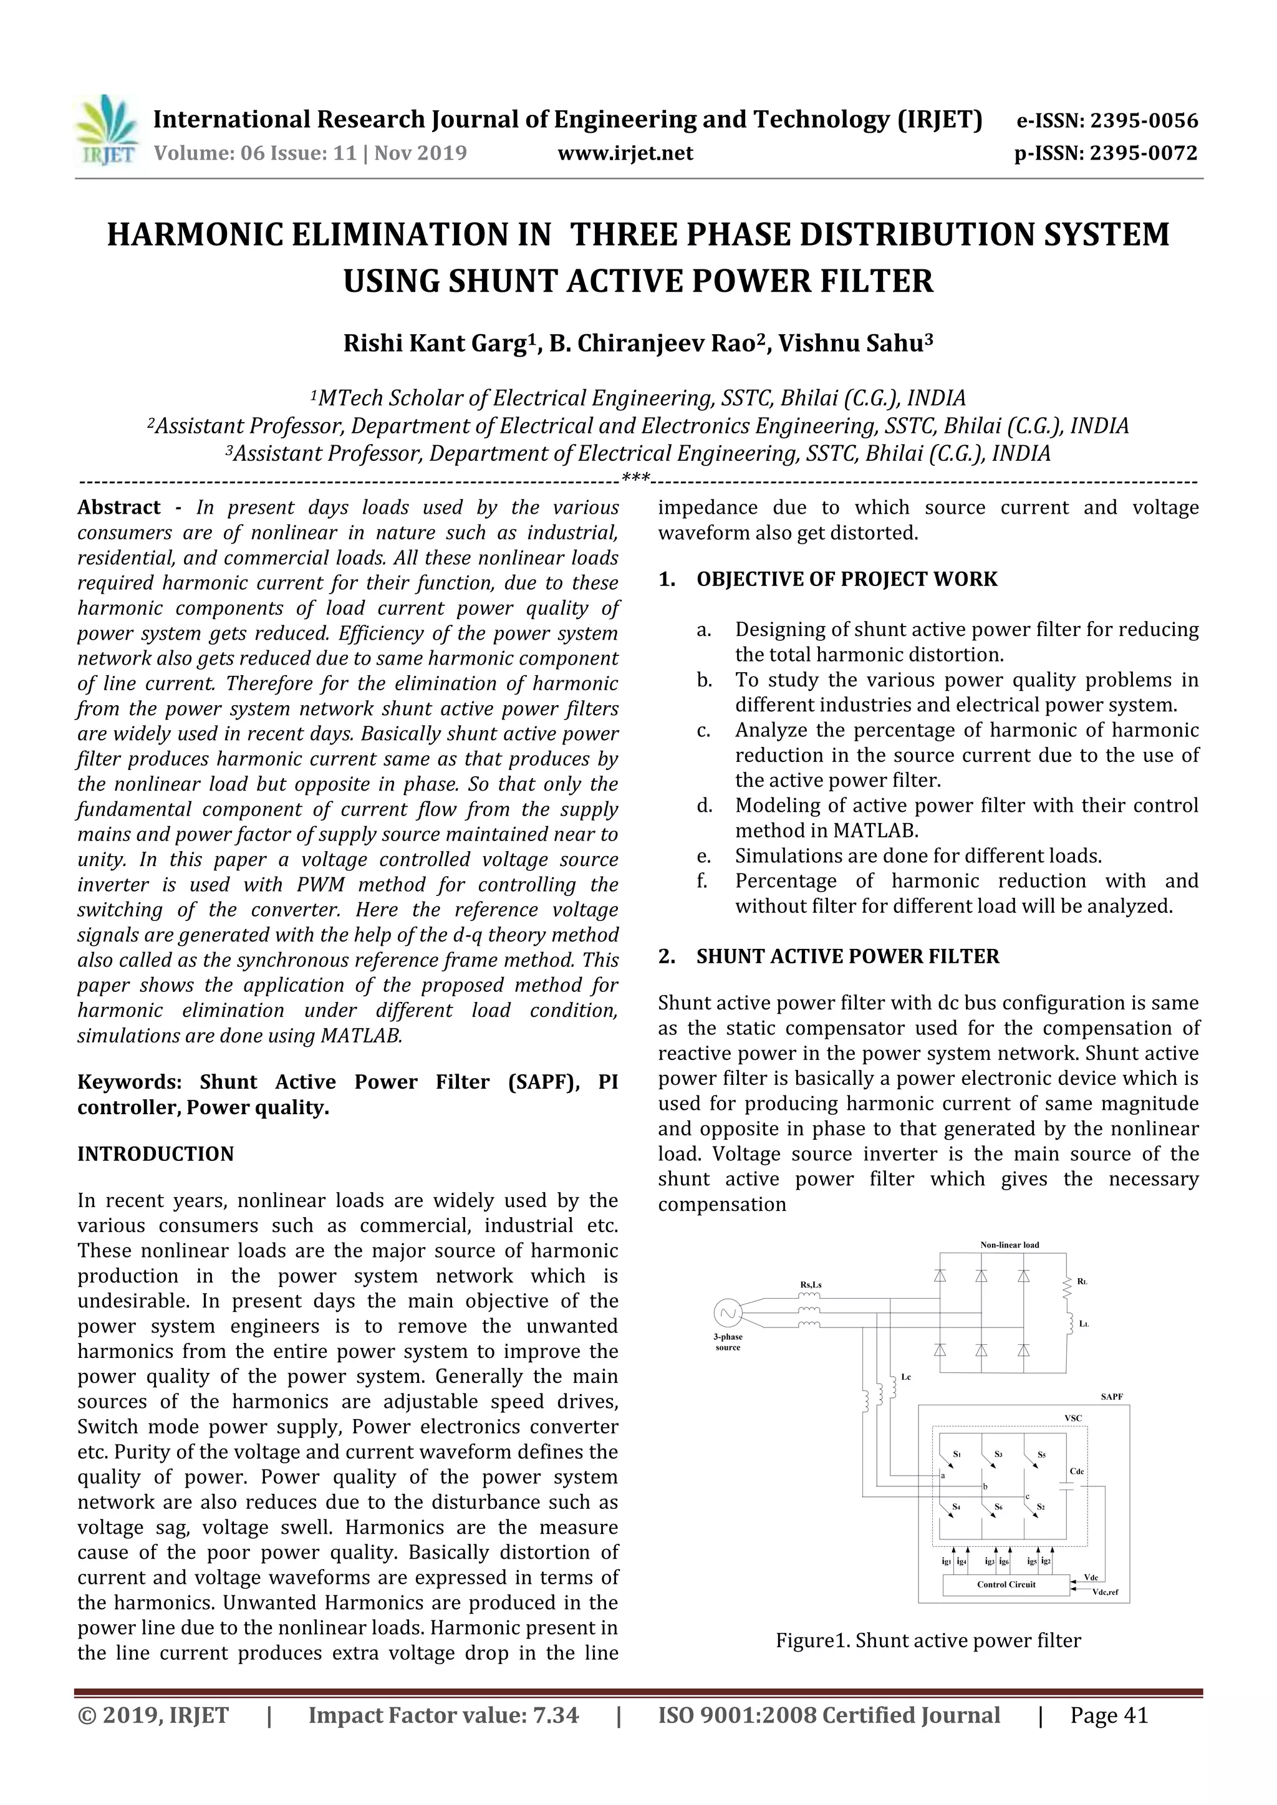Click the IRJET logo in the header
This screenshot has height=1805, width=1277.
pyautogui.click(x=106, y=130)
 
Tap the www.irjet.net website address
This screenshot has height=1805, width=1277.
pyautogui.click(x=625, y=153)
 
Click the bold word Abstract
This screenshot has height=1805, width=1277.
pyautogui.click(x=118, y=508)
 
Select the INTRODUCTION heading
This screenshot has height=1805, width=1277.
pyautogui.click(x=156, y=1154)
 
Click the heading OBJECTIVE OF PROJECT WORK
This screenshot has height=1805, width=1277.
pyautogui.click(x=846, y=579)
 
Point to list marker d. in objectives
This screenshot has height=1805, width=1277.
pyautogui.click(x=704, y=806)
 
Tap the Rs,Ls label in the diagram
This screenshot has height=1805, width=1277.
pyautogui.click(x=811, y=1284)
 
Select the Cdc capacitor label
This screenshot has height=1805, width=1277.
pyautogui.click(x=1076, y=1471)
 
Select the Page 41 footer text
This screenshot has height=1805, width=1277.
pyautogui.click(x=1109, y=1716)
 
